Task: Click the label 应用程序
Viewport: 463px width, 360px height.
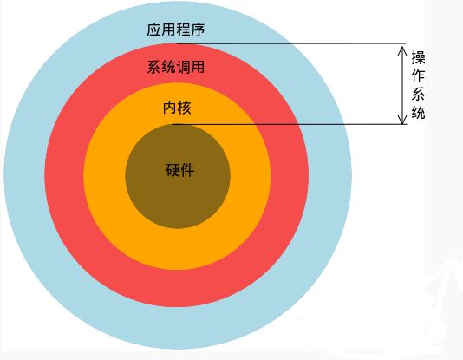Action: [x=176, y=29]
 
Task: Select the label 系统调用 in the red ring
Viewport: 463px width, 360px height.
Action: [x=176, y=67]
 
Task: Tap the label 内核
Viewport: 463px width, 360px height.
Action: [x=177, y=108]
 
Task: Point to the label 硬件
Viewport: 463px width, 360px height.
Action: [x=180, y=170]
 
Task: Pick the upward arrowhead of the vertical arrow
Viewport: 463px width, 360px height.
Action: [x=402, y=50]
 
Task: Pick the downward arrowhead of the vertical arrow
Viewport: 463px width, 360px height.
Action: [x=402, y=120]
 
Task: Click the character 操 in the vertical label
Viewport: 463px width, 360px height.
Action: [x=419, y=57]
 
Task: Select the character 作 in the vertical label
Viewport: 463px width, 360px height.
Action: [x=419, y=75]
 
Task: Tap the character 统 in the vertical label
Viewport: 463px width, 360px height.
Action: [x=419, y=112]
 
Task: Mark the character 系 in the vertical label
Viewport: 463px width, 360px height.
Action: [x=419, y=94]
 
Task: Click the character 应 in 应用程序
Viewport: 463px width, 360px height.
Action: [x=153, y=29]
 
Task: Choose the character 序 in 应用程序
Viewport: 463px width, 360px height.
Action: [x=198, y=29]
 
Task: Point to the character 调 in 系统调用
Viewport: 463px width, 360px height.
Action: [x=183, y=67]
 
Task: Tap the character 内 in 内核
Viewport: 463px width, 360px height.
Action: [x=170, y=108]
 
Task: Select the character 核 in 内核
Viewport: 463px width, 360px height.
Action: [x=185, y=108]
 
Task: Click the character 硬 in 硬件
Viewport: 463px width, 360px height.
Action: [x=173, y=170]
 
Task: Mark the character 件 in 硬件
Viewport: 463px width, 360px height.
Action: [x=188, y=170]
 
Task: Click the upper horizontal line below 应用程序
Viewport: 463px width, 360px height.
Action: [x=291, y=43]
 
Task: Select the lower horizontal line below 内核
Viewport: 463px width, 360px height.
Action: [x=290, y=124]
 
